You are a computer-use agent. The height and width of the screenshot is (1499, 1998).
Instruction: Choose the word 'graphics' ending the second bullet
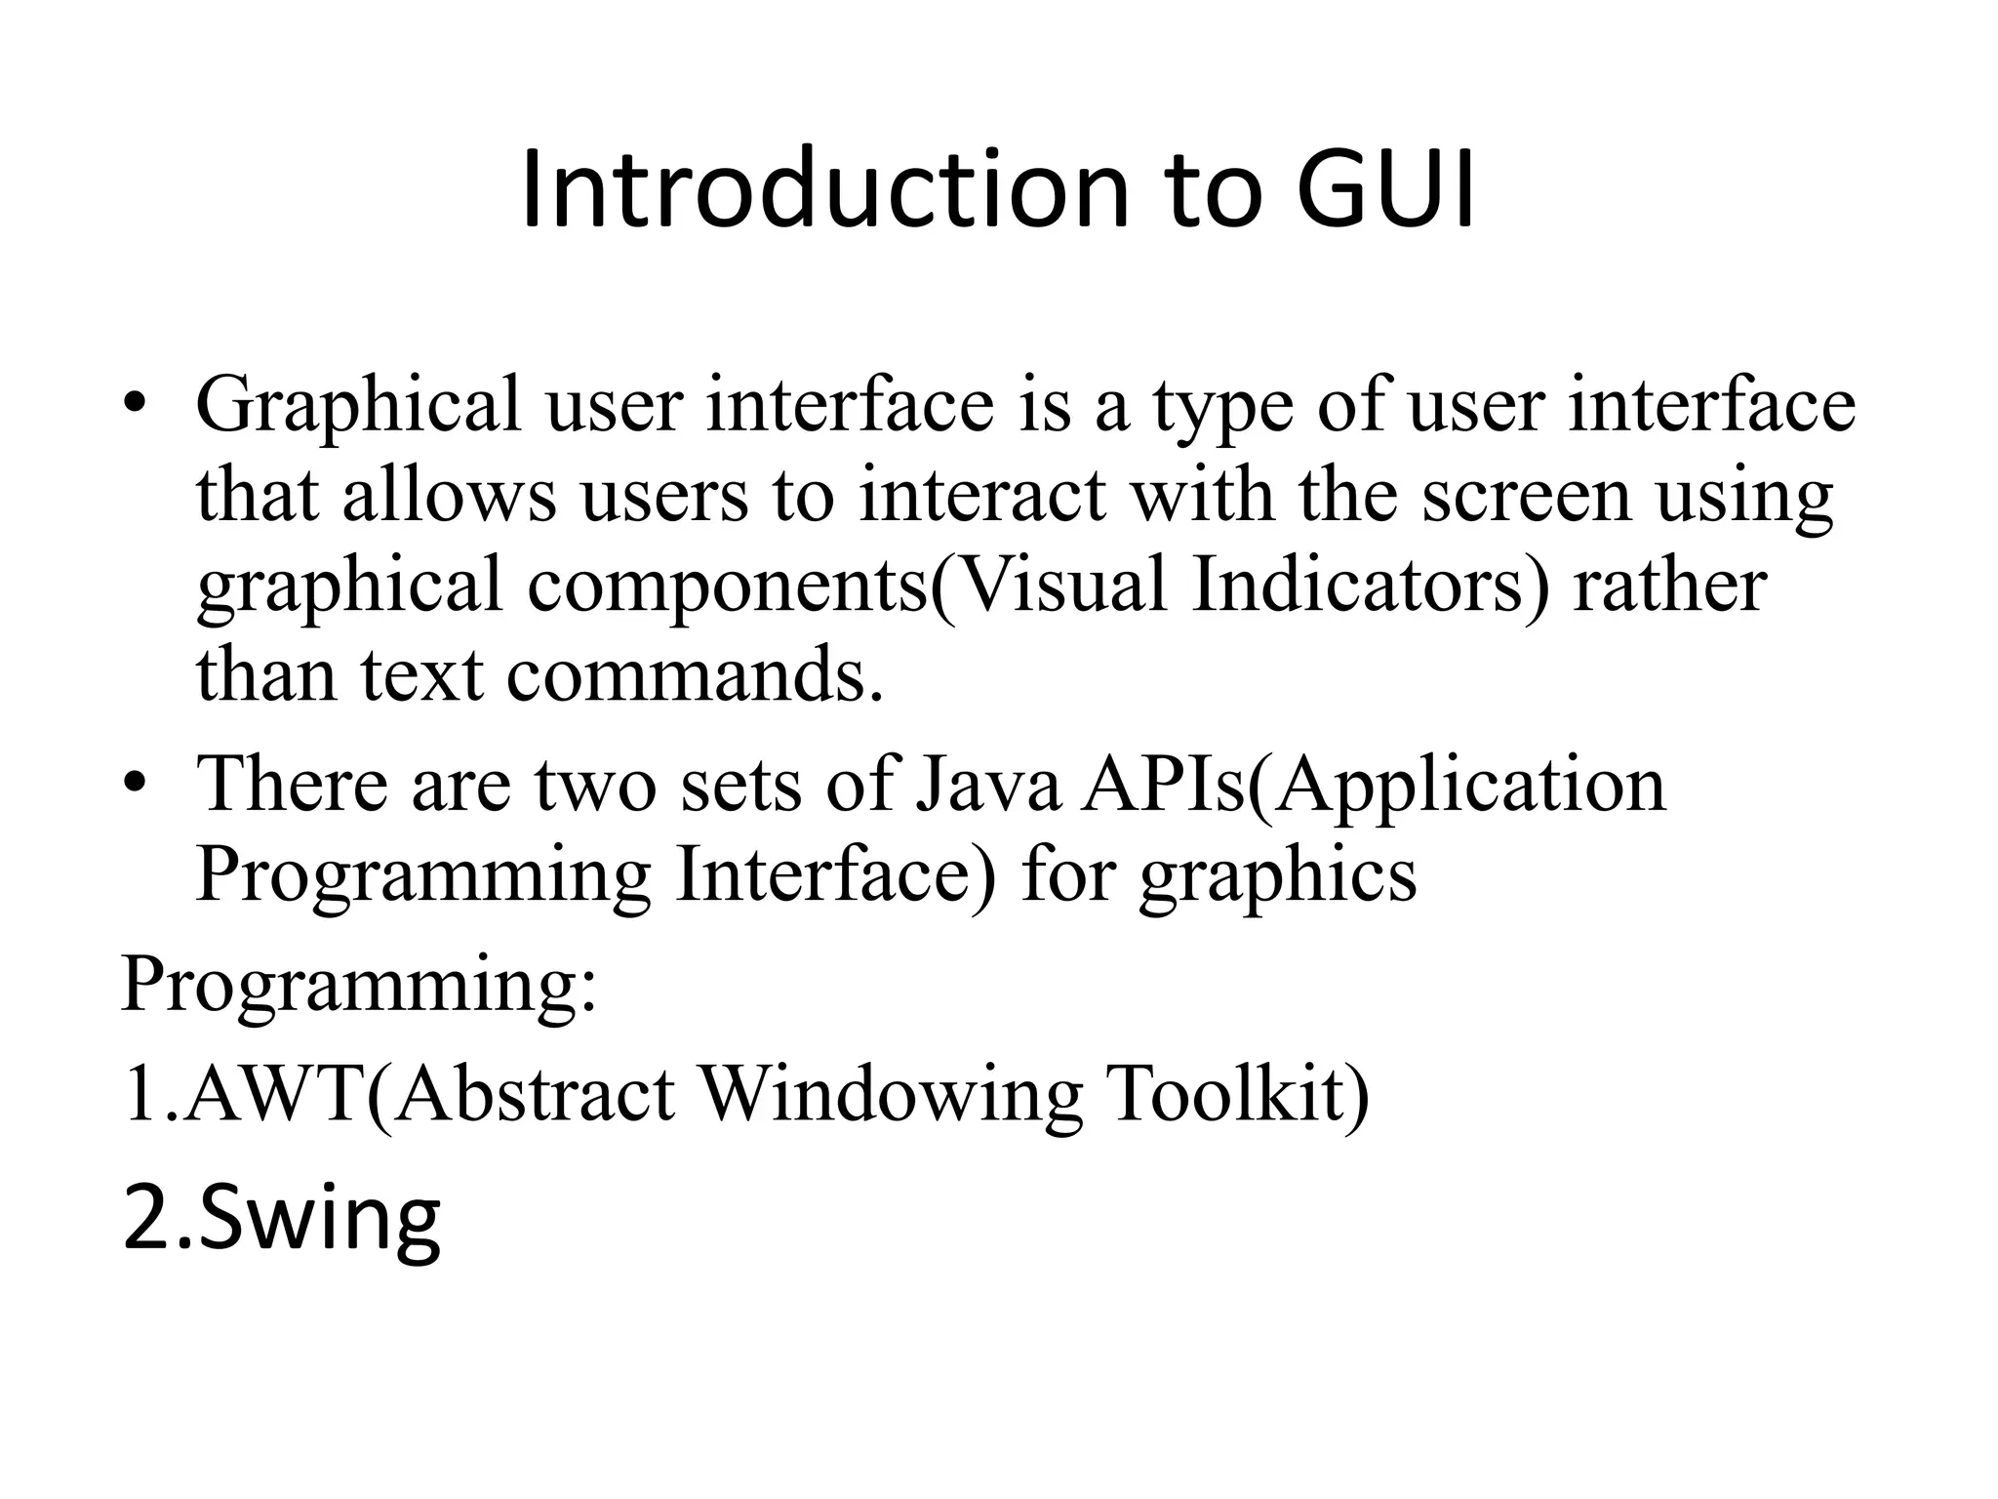pos(1278,874)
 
